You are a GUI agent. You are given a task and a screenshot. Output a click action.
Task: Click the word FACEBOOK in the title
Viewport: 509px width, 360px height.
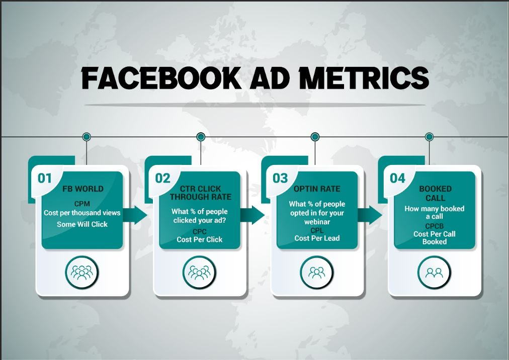pos(161,78)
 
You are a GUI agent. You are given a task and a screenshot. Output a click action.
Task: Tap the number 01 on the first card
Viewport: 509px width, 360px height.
pos(44,178)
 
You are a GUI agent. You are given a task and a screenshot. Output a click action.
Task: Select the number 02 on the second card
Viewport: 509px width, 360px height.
pos(162,178)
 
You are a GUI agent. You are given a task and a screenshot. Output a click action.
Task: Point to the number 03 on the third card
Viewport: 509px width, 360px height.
pos(280,178)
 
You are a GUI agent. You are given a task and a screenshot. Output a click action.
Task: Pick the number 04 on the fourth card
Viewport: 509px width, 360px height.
pos(398,178)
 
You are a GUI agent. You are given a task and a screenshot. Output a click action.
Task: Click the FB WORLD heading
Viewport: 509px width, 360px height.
pos(83,189)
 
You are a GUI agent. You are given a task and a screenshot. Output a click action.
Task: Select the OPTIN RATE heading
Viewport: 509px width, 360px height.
pos(317,189)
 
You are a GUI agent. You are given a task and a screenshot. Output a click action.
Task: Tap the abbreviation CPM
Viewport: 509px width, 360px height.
pos(82,204)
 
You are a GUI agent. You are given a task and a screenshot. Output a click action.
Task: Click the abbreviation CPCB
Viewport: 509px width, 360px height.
pos(435,226)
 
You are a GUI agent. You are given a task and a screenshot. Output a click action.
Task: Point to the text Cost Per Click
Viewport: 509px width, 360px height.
pos(199,239)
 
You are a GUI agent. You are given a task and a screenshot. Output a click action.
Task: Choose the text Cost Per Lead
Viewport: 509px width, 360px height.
pos(317,238)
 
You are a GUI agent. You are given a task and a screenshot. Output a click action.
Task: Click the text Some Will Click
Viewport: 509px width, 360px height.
pos(82,224)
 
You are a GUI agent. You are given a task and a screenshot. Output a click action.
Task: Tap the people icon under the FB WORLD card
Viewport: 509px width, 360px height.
pos(82,273)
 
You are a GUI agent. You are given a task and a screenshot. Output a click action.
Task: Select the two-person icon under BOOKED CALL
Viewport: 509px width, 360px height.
pos(435,273)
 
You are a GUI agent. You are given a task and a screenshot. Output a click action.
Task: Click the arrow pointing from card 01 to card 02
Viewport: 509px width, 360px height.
pos(135,215)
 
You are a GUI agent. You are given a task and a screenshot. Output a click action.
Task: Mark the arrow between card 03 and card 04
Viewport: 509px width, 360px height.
pos(370,215)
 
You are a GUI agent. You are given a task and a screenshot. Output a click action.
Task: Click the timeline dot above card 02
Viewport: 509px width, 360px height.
pos(201,137)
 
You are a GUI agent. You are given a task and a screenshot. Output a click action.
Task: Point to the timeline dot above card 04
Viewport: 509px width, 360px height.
pos(429,137)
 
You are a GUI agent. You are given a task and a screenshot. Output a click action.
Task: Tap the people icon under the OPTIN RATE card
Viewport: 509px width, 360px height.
pos(317,273)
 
